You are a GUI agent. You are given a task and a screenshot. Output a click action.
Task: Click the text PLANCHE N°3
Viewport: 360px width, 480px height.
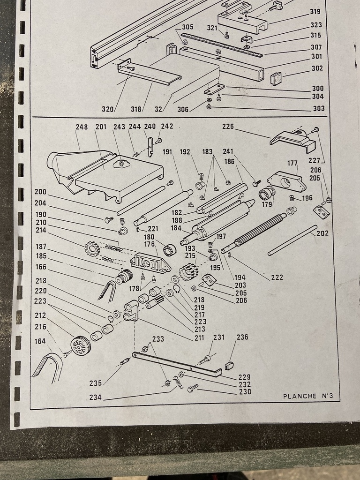pos(307,396)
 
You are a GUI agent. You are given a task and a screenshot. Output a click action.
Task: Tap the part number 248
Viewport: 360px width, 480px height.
pos(82,127)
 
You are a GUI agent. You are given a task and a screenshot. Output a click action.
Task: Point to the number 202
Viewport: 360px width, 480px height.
pos(322,233)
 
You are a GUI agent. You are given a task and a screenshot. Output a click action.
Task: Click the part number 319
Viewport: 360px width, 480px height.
pos(315,12)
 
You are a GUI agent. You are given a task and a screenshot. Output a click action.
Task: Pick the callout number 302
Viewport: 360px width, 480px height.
pos(317,68)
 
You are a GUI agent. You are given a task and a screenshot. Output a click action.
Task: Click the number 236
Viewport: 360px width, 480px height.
pos(242,337)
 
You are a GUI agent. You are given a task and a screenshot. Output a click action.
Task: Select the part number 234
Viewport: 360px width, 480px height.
pos(96,397)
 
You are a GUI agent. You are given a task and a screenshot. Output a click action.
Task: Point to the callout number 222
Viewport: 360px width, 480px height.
pos(277,277)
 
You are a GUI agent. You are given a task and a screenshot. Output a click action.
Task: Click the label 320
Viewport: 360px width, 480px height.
pos(108,109)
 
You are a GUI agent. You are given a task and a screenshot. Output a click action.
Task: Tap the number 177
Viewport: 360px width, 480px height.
pos(292,163)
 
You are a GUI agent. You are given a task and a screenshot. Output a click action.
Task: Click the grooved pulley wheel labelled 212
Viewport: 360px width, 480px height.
pos(81,346)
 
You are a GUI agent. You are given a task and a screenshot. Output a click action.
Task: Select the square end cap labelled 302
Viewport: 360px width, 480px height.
pos(277,78)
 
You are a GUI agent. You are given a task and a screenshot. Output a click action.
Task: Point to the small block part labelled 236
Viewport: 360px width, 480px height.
pos(229,365)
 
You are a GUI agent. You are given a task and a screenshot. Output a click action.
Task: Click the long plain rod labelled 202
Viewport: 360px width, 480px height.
pos(292,240)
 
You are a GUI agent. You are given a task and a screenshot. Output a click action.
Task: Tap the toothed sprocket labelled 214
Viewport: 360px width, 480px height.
pos(92,248)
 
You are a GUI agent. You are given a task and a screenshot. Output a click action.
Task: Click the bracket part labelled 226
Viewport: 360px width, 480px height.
pos(293,140)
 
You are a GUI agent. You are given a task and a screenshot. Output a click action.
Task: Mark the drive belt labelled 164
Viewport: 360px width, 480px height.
pos(47,367)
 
